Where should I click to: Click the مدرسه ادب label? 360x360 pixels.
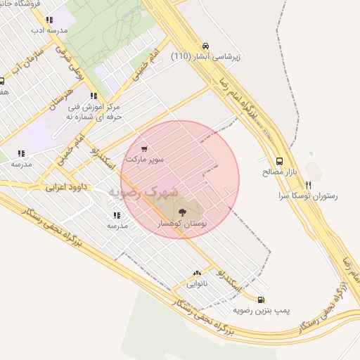point(49,31)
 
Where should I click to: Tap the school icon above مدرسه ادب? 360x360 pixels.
point(49,20)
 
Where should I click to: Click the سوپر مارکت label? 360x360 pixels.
point(144,160)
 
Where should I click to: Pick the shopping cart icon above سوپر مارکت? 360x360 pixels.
point(144,149)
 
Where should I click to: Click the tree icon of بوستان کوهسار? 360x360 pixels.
point(182,211)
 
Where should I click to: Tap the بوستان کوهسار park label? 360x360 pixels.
point(182,223)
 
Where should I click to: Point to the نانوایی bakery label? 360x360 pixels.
point(196,284)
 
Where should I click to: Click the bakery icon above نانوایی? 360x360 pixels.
point(196,274)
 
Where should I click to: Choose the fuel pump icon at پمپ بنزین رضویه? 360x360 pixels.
point(262,300)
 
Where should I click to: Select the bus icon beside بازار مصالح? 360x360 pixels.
point(280,161)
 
